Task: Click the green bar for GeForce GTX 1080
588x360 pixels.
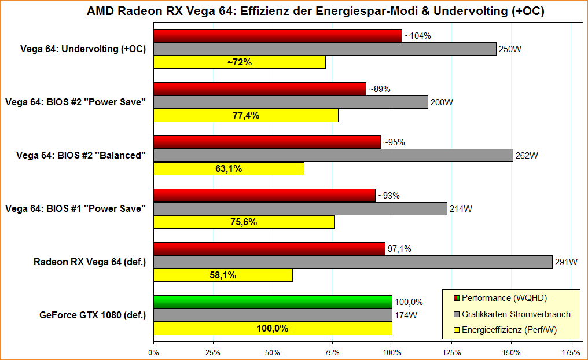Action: pos(273,302)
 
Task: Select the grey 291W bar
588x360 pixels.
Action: pos(353,262)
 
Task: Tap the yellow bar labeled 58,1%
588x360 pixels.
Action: pos(223,275)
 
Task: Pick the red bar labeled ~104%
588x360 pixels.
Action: pos(278,36)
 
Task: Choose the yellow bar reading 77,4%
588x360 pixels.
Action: pos(246,116)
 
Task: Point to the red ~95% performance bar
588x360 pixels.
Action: pos(267,142)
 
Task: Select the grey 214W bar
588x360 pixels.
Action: pos(300,209)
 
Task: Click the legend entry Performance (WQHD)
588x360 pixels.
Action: pos(504,298)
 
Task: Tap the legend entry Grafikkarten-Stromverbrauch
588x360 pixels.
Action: pos(516,314)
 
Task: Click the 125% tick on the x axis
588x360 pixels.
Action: pos(451,351)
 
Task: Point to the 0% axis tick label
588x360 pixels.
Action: pos(153,351)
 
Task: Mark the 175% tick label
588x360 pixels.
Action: pos(571,351)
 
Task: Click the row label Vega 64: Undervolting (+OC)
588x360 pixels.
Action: pos(82,49)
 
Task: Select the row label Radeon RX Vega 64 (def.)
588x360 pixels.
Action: pos(90,262)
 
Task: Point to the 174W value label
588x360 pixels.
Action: pos(406,315)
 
